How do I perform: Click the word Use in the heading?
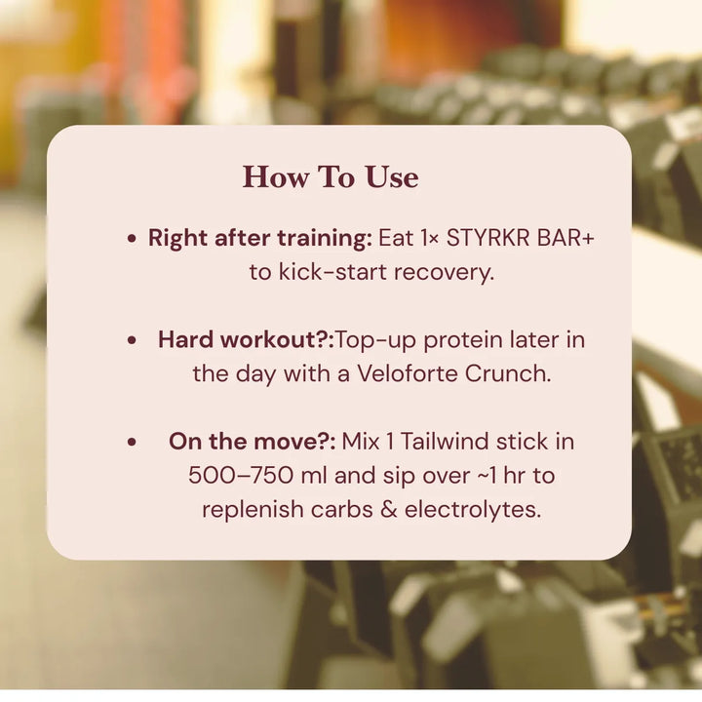(392, 177)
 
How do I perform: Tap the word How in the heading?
(276, 177)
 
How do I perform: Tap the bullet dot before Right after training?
(132, 239)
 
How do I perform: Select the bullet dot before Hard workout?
(132, 340)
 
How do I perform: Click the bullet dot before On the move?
(132, 443)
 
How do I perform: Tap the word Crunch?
(508, 373)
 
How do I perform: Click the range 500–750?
(241, 476)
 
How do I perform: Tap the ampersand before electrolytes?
(389, 510)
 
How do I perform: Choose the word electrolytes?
(473, 510)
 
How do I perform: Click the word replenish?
(253, 510)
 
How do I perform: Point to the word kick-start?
(332, 272)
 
